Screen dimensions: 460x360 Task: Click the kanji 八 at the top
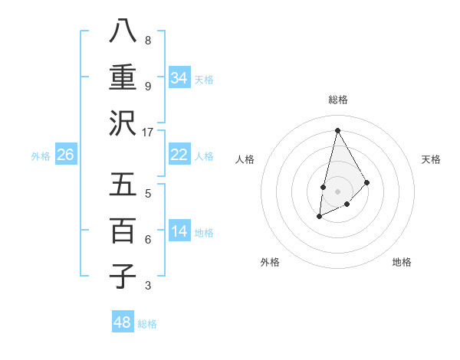click(123, 31)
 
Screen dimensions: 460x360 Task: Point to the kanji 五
click(123, 185)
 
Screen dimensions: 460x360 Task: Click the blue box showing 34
click(179, 78)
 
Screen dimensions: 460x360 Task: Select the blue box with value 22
click(179, 155)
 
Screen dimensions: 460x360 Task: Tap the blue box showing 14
click(179, 231)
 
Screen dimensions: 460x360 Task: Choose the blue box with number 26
click(65, 155)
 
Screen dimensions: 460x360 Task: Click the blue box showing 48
click(123, 322)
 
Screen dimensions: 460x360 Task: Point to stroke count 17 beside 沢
click(147, 132)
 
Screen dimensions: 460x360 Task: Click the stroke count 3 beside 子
click(147, 286)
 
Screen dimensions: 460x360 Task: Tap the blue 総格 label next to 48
click(147, 324)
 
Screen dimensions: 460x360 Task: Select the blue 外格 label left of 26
click(41, 156)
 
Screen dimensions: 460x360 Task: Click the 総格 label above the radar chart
click(337, 100)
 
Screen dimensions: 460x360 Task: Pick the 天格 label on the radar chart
click(432, 159)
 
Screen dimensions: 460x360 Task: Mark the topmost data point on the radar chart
click(337, 130)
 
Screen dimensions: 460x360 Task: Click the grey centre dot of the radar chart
click(337, 191)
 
